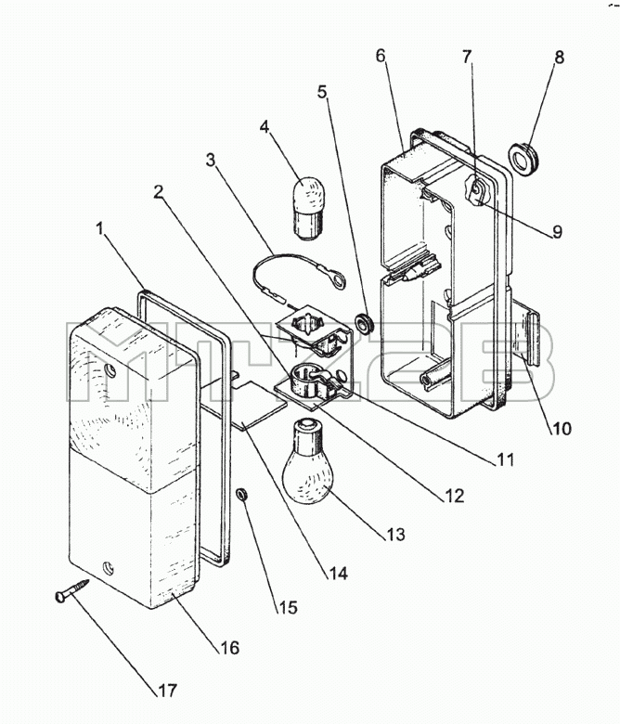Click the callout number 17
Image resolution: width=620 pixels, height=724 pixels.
(x=168, y=691)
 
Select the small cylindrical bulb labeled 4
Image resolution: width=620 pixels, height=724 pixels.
(x=306, y=208)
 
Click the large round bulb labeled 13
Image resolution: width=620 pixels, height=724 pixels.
(x=307, y=461)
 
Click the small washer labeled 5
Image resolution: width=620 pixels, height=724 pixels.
(x=365, y=323)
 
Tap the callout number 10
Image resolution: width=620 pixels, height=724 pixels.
(x=562, y=429)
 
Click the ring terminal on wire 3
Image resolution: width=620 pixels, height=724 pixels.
(x=340, y=280)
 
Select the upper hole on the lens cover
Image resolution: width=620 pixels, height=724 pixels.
(x=110, y=369)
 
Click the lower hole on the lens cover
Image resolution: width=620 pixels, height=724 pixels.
(x=109, y=567)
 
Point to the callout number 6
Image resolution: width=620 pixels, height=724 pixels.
(x=381, y=56)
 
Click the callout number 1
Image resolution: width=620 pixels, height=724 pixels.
(x=100, y=229)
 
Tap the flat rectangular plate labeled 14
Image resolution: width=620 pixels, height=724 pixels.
(x=264, y=405)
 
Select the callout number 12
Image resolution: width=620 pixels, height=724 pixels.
(x=454, y=495)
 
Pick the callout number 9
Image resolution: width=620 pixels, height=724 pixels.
(x=558, y=232)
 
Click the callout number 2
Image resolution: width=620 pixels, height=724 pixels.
(x=159, y=192)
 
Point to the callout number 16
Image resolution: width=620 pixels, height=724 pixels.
(x=229, y=648)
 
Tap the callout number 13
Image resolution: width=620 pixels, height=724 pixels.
(x=395, y=535)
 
